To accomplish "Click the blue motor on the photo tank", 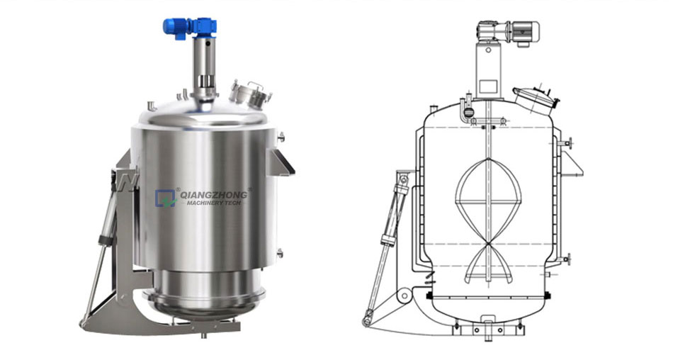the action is [x=190, y=28].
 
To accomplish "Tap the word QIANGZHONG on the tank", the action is [x=214, y=195].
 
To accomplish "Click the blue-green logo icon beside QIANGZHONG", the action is [x=166, y=198].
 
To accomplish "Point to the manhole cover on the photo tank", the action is [x=250, y=94].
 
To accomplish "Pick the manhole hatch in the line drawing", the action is [x=536, y=101].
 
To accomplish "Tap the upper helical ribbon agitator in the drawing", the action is [x=488, y=202].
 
